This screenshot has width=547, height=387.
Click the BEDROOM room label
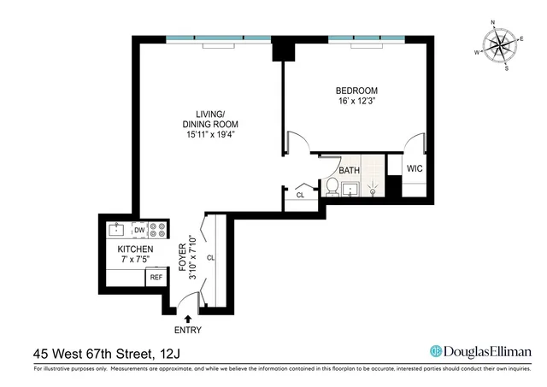tap(357, 91)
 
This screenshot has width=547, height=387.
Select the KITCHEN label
tap(136, 249)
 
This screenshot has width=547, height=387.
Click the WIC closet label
tap(415, 168)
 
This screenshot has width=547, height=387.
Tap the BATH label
tap(349, 171)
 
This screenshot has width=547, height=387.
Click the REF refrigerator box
tap(156, 278)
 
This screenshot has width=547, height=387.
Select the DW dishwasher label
tap(138, 229)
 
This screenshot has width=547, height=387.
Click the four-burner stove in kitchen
tap(157, 229)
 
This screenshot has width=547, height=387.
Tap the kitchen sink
tap(116, 229)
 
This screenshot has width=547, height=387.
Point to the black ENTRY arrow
tap(188, 318)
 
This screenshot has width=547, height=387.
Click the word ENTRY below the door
tap(188, 331)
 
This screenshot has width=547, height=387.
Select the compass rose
tap(498, 46)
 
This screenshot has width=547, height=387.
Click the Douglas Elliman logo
tap(480, 351)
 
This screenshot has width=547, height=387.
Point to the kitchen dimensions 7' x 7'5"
tap(136, 260)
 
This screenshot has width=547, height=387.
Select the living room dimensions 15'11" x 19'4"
tap(209, 133)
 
